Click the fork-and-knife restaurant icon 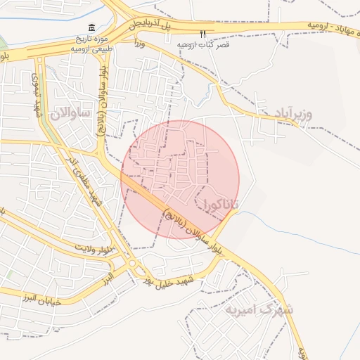coord(203,33)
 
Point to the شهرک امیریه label coord(259,309)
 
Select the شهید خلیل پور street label coord(173,280)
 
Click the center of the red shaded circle coord(180,179)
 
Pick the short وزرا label coord(141,43)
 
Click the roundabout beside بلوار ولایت coord(131,264)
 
